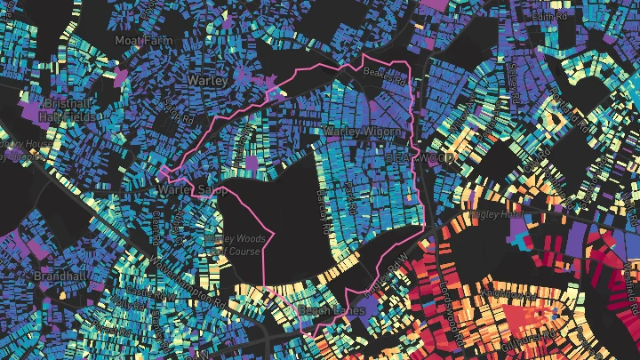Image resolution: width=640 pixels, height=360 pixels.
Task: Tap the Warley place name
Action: click(x=208, y=80)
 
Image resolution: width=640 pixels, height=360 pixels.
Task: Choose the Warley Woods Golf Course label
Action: click(x=233, y=244)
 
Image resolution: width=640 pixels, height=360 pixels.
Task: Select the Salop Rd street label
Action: click(x=178, y=113)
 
